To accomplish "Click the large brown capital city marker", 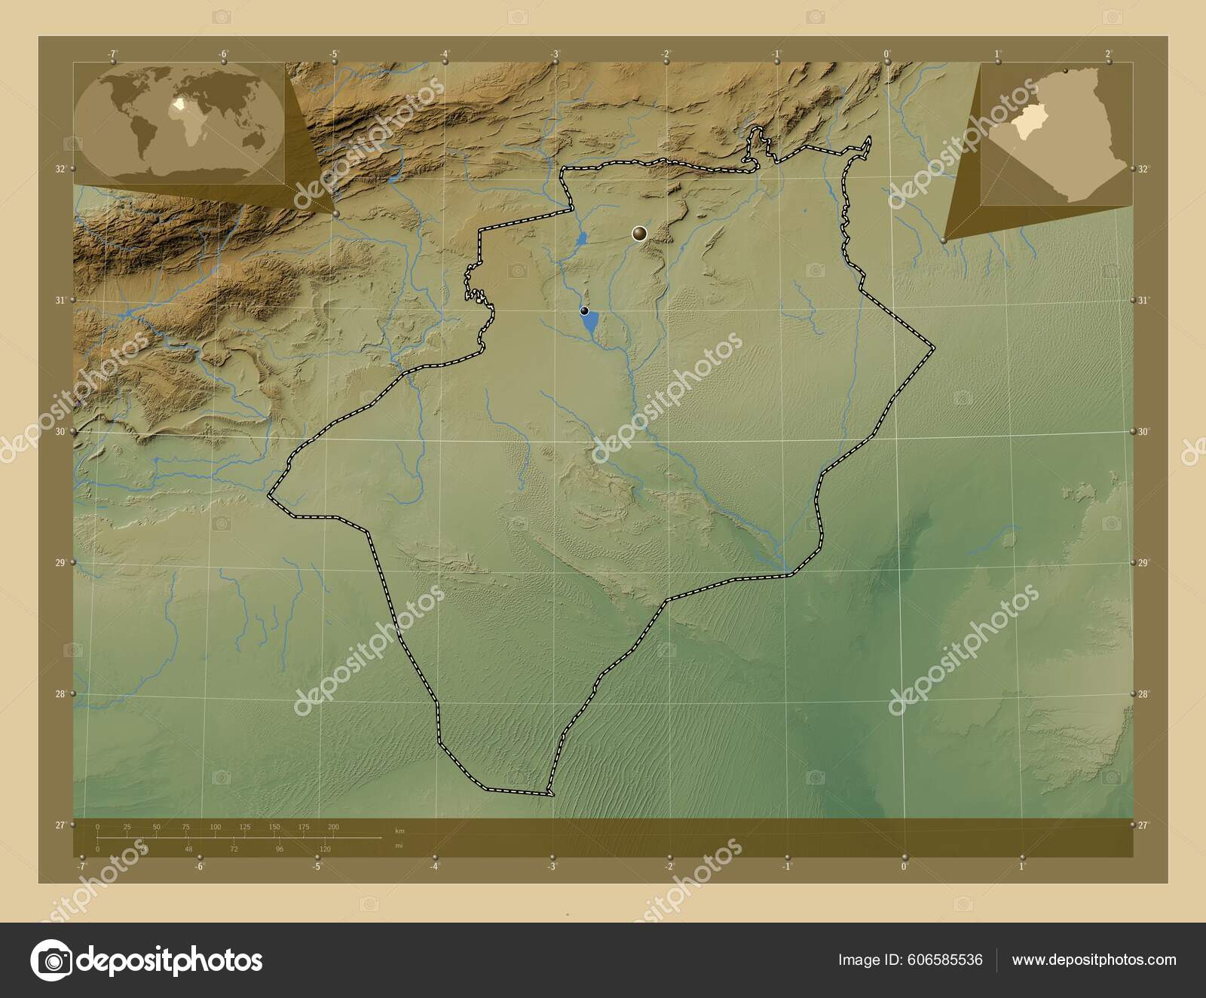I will coord(640,234).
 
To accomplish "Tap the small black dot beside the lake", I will coord(584,311).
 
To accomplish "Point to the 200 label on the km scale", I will coord(333,827).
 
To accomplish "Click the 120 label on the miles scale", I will coord(325,849).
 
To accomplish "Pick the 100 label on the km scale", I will coord(216,827).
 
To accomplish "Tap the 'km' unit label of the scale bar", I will coord(400,831).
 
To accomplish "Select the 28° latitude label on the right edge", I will coord(1143,693).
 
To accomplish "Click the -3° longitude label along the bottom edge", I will coord(552,867).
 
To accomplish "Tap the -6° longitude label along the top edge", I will coord(223,54).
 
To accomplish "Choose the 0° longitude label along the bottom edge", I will coord(904,867).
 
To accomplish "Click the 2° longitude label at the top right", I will coord(1107,54).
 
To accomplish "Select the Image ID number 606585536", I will coord(947,960).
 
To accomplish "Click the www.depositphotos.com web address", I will coord(1094,960).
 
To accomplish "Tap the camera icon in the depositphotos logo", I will coord(51,960).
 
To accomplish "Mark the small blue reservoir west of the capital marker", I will coord(581,241).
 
